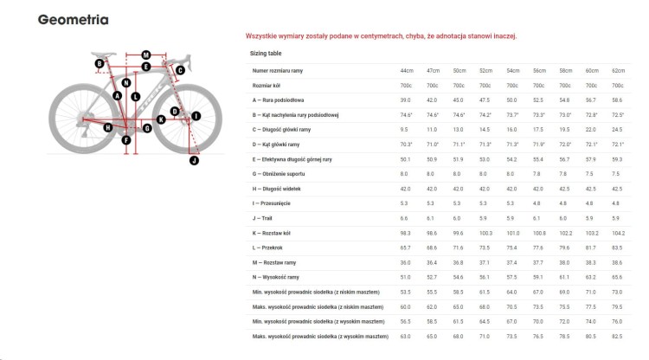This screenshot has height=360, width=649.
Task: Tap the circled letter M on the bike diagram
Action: (x=145, y=55)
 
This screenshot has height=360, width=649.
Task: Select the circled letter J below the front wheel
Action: (x=194, y=160)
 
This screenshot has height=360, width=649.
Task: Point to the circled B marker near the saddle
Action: (x=100, y=63)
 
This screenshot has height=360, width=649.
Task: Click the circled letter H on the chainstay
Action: (x=107, y=127)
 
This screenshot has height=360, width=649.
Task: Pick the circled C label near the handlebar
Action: (x=180, y=70)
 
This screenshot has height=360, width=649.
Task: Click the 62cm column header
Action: (x=618, y=70)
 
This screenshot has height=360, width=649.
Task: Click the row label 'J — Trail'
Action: (x=266, y=219)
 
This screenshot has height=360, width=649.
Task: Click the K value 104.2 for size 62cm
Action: (x=618, y=234)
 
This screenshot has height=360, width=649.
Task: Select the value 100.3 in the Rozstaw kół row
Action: (x=485, y=234)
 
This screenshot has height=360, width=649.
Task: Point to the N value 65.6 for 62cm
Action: (x=618, y=278)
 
